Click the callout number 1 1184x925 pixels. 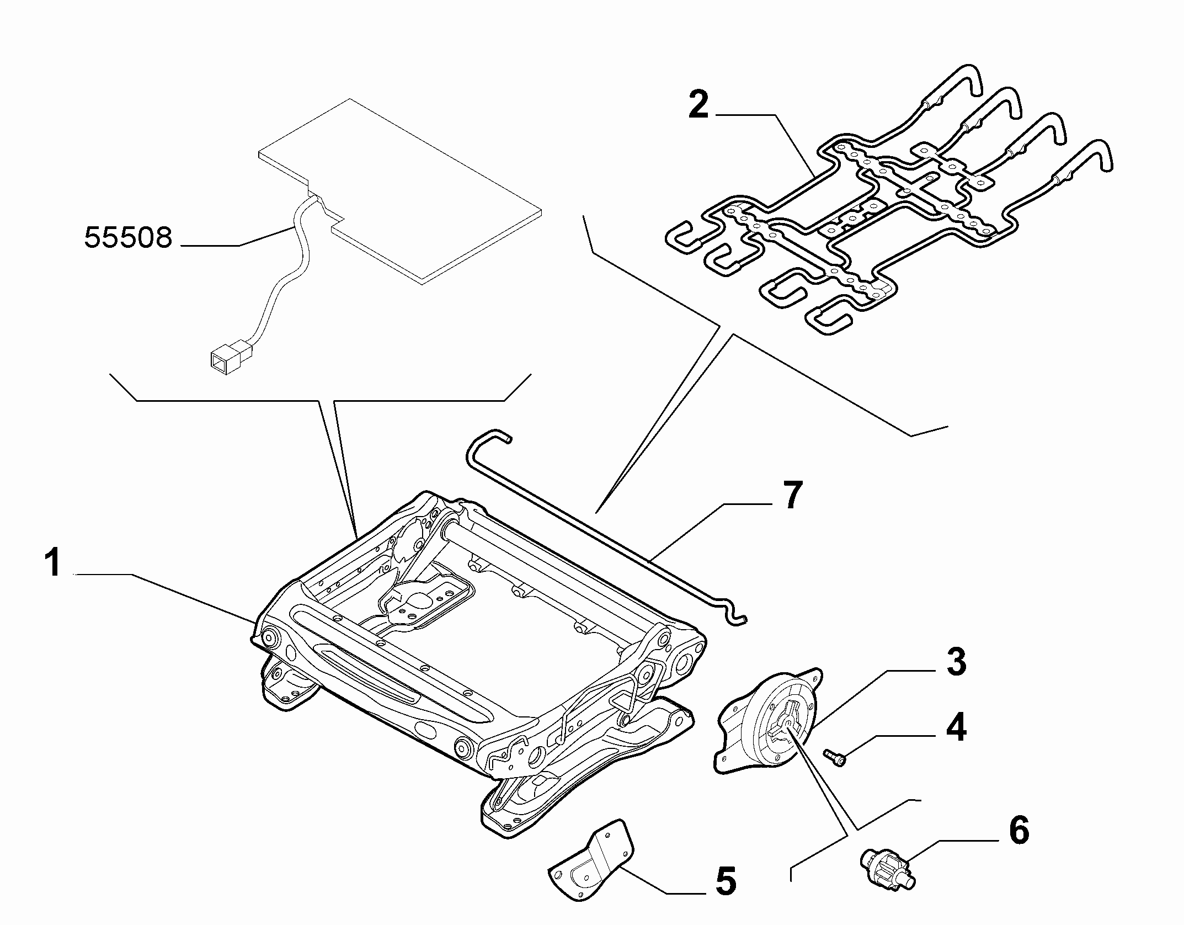click(54, 563)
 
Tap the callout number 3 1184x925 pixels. click(956, 662)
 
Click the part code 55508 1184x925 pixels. click(128, 238)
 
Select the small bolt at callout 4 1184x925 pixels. click(835, 756)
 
